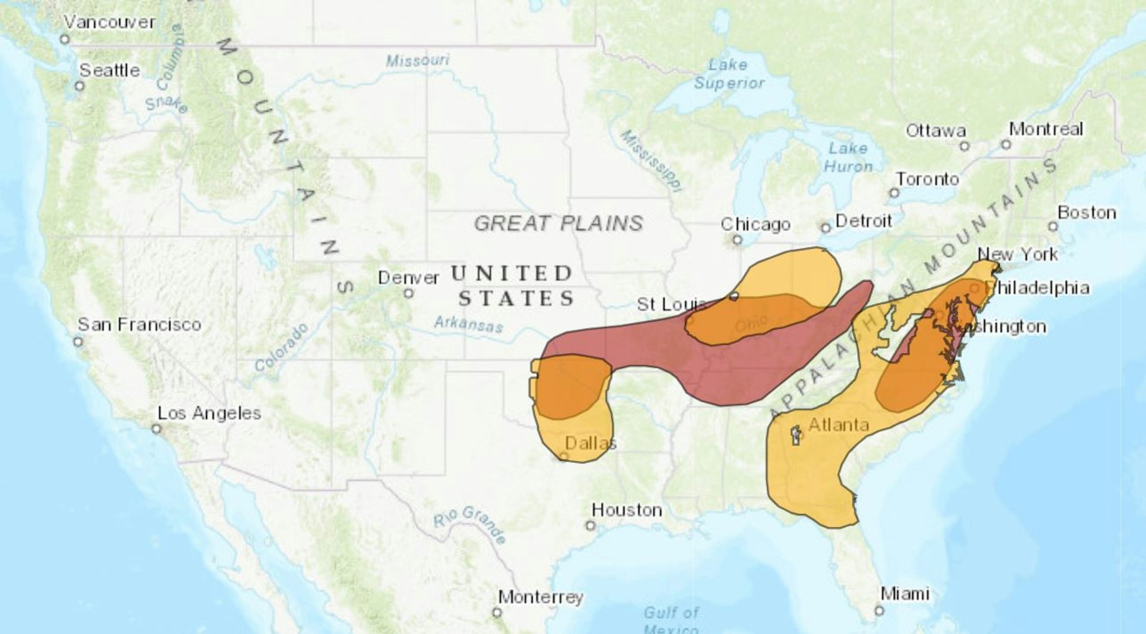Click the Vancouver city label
[109, 23]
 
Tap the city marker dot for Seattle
[79, 86]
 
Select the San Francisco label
[139, 324]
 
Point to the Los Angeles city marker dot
[156, 429]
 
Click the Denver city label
[408, 278]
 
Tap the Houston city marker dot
[590, 526]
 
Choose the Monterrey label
[540, 597]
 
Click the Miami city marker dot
[879, 610]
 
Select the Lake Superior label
[728, 74]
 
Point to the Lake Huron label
[848, 157]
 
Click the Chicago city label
[755, 225]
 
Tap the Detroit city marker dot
[825, 228]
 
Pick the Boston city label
[1086, 213]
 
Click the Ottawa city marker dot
[964, 146]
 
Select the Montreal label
[1046, 129]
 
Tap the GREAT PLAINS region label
[558, 223]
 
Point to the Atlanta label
[838, 425]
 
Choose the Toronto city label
[927, 179]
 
